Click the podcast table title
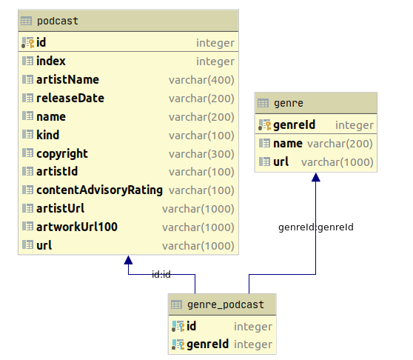coord(57,21)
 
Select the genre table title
coord(288,104)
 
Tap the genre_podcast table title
coord(225,304)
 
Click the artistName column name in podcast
coord(67,80)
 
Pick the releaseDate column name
coord(70,99)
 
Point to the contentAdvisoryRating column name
coord(99,190)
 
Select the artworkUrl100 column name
coord(77,227)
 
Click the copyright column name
coord(62,154)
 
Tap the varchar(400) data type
coord(201,80)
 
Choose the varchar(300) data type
coord(201,154)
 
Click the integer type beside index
coord(215,61)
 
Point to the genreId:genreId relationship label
coord(315,227)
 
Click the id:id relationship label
coord(161,274)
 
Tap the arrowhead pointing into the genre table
coord(316,178)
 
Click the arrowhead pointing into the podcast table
coord(128,261)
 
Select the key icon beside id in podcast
coord(28,43)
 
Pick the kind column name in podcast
coord(47,136)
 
